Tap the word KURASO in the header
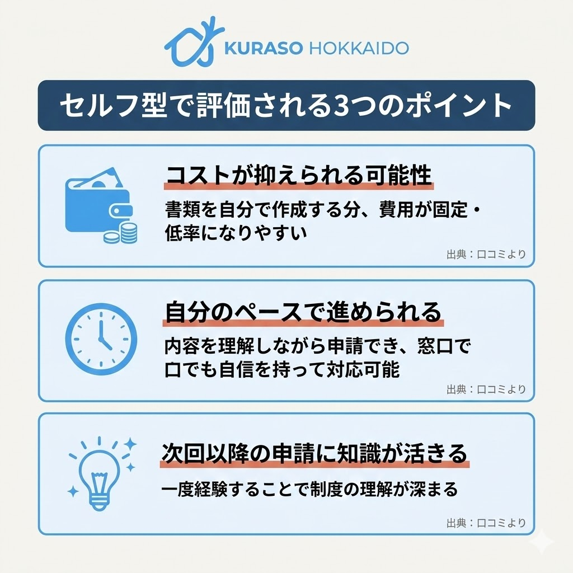tap(263, 48)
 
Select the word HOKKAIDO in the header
tap(358, 48)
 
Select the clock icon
tap(101, 339)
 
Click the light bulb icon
tap(101, 473)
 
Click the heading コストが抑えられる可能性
tap(299, 176)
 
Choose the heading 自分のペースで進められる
tap(303, 312)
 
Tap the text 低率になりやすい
tap(236, 232)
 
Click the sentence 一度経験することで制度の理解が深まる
tap(309, 489)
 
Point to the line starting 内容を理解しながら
tap(317, 347)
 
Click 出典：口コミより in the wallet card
tap(486, 255)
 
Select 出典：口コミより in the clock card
tap(486, 389)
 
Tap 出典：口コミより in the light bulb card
tap(486, 523)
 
